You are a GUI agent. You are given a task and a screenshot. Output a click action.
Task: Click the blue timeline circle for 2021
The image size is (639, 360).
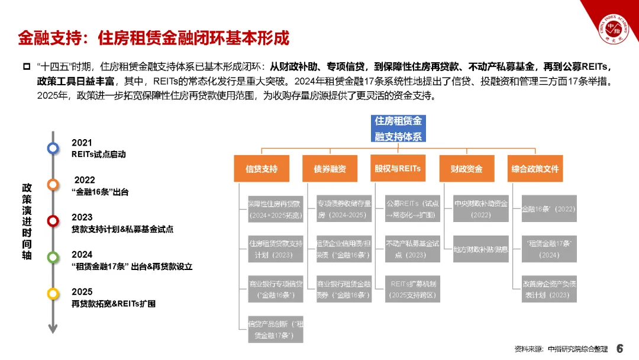pos(53,148)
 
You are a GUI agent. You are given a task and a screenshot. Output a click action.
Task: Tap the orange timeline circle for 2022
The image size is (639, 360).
pos(53,184)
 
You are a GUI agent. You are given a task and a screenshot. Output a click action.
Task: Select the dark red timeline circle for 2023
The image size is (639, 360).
pos(53,221)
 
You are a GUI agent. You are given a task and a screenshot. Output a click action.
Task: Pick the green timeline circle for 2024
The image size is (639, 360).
pos(53,257)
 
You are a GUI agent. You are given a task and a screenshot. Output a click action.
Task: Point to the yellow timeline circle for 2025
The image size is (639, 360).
pos(53,293)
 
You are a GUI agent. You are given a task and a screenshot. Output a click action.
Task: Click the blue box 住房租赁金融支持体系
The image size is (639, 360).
pos(398,129)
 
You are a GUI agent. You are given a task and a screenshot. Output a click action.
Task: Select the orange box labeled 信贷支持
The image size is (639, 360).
pos(261,169)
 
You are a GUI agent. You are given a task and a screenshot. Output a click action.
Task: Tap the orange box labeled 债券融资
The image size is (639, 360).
pos(330,169)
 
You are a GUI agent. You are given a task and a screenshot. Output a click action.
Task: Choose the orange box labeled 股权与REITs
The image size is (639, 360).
pos(398,169)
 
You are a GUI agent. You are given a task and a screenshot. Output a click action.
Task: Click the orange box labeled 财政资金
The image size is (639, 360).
pos(466,169)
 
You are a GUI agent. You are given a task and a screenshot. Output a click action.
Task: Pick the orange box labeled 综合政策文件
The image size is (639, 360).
pos(535,169)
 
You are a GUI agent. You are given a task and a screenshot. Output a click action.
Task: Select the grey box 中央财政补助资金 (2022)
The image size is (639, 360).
pos(480,208)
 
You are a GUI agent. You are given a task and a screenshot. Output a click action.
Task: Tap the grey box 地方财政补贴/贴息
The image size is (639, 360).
pos(480,249)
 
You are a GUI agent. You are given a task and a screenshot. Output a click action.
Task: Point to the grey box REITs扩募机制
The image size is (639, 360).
pos(413,289)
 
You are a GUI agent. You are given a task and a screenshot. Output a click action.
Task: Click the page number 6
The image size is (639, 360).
pos(620,348)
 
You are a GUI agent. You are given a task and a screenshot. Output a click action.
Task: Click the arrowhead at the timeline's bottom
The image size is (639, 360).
pos(53,329)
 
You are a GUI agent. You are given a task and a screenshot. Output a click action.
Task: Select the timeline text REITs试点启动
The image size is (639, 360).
pos(98,154)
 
